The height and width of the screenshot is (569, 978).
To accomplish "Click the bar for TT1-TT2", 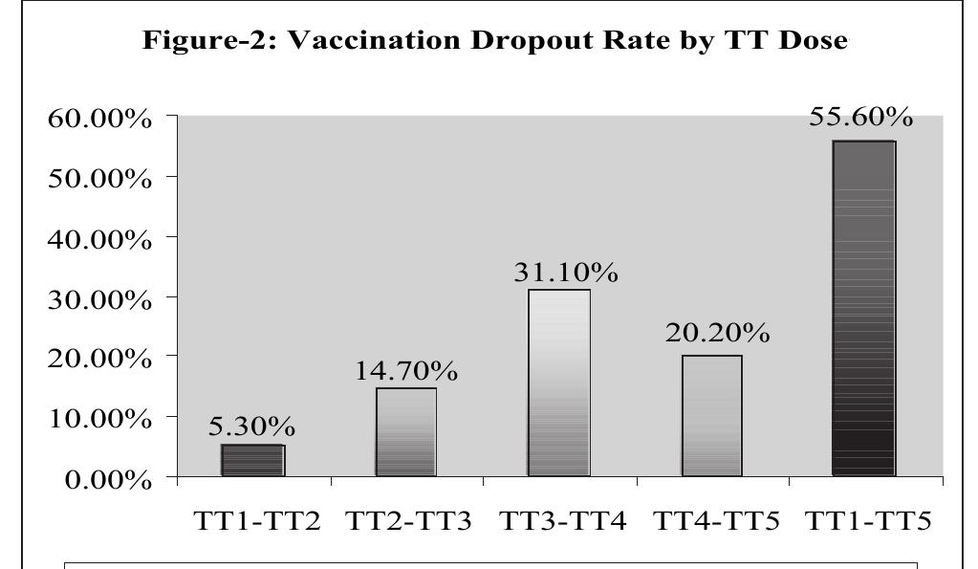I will (252, 460).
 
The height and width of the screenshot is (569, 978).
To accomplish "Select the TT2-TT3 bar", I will (405, 431).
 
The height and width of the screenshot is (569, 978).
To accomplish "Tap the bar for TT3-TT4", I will (558, 383).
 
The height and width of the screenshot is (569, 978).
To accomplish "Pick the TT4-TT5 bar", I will (711, 415).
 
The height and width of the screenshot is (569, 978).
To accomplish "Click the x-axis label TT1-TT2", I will (254, 524).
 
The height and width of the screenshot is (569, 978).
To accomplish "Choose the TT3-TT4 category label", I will (560, 524).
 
